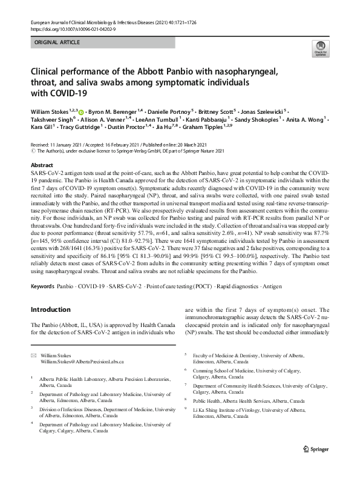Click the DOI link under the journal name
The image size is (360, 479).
(73, 28)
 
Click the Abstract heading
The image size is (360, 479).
(42, 165)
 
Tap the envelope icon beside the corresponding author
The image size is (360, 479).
(33, 354)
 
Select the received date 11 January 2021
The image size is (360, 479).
(67, 147)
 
